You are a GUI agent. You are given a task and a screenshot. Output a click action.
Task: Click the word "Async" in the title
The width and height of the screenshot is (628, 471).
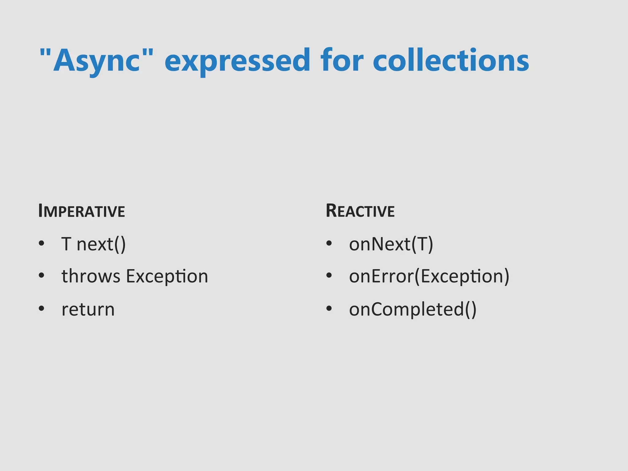click(97, 60)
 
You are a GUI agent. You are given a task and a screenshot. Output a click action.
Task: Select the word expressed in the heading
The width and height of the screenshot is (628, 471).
click(237, 60)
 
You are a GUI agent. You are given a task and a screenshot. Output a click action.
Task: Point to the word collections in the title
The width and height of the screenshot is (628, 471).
click(451, 60)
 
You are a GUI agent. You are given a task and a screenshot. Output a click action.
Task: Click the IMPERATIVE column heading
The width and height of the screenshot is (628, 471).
click(82, 211)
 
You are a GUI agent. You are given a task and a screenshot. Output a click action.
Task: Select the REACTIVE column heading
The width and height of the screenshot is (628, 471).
click(360, 211)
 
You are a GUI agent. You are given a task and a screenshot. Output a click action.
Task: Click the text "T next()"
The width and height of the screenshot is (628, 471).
click(94, 244)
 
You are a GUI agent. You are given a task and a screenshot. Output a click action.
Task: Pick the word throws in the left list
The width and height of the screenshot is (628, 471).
click(91, 276)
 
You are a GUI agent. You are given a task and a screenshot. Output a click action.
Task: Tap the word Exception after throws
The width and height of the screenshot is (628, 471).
click(167, 277)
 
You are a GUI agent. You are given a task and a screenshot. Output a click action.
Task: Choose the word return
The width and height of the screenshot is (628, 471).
click(88, 309)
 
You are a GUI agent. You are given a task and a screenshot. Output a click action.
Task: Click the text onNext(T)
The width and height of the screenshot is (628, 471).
click(391, 244)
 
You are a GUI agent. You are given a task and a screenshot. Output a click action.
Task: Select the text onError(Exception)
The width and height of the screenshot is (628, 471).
click(429, 277)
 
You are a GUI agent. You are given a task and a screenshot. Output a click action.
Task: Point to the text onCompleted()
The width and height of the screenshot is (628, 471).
click(413, 309)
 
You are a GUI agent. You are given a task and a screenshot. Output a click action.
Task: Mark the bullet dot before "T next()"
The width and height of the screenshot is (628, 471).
click(41, 244)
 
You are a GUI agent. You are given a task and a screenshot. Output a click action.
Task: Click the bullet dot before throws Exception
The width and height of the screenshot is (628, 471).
click(41, 276)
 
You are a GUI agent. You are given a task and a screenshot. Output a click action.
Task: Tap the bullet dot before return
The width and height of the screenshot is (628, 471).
click(41, 308)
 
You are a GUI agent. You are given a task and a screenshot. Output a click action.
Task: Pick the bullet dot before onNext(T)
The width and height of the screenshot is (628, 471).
click(329, 244)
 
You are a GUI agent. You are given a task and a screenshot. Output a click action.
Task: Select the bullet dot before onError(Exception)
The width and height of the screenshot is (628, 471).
click(329, 276)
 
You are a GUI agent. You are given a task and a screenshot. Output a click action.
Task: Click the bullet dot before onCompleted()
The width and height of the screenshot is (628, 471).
click(329, 308)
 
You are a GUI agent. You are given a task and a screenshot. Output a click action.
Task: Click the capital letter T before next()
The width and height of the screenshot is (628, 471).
click(66, 244)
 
